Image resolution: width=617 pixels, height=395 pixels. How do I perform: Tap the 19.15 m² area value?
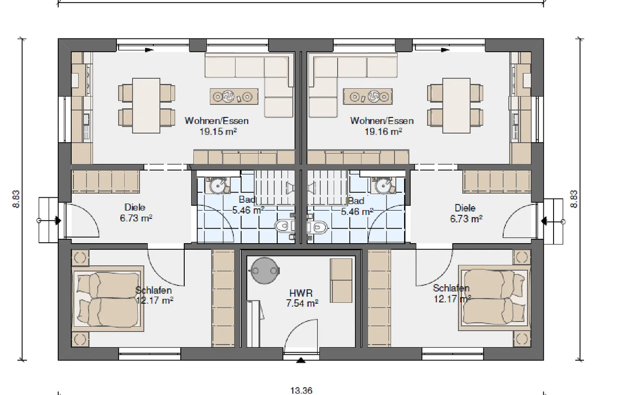click(218, 132)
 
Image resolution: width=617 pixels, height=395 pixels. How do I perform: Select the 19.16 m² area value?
click(383, 132)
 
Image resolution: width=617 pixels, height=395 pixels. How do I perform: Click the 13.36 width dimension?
click(301, 390)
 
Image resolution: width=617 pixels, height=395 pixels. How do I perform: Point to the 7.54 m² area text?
click(302, 304)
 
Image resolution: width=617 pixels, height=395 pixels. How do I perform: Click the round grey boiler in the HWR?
click(264, 271)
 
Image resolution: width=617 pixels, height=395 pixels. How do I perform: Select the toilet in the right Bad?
click(317, 227)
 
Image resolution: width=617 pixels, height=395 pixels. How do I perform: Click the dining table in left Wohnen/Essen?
click(146, 105)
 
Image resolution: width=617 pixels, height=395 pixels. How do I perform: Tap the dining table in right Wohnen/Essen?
click(457, 105)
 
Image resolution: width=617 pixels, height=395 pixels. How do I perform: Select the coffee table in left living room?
click(234, 97)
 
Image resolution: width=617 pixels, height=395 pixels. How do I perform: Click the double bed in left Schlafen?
click(108, 299)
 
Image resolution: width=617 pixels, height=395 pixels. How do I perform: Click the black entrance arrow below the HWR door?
click(301, 360)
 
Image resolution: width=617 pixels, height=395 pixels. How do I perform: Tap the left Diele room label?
click(135, 207)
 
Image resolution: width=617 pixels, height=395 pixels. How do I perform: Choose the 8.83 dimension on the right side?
click(574, 199)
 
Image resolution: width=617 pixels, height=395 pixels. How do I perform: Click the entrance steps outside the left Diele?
click(48, 220)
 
